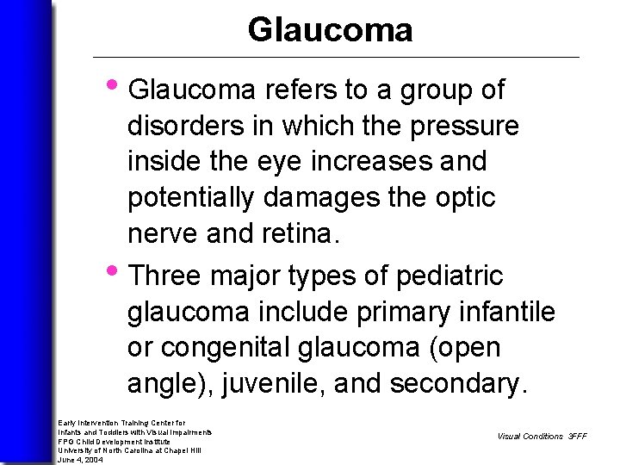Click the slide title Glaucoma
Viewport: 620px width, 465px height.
330,30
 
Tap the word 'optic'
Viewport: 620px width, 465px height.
467,198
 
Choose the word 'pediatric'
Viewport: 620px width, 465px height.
449,276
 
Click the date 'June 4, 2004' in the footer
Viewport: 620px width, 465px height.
80,460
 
